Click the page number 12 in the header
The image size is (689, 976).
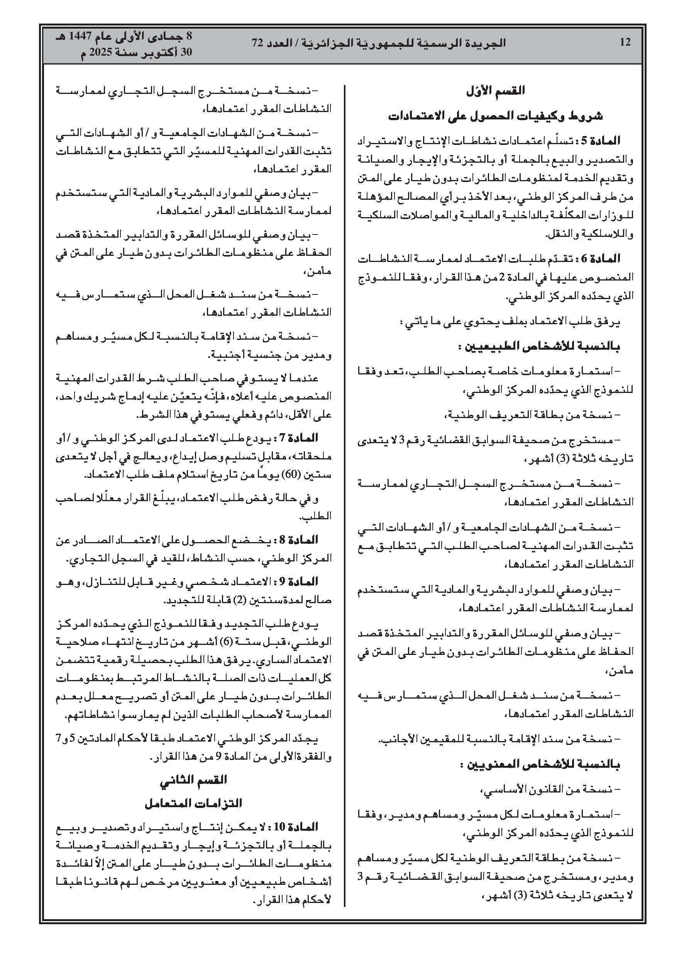coord(625,42)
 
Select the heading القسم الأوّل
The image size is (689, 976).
coord(495,90)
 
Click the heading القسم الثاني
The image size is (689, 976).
coord(193,780)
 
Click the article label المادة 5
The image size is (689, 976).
coord(603,141)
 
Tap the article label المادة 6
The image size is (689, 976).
coord(603,258)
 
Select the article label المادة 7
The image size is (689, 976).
coord(300,438)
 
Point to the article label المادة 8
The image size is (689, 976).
coord(300,540)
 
